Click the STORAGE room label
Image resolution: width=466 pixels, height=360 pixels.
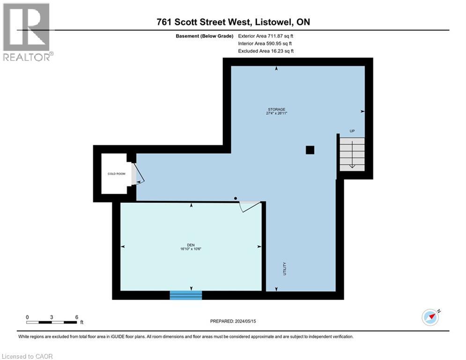pyautogui.click(x=276, y=109)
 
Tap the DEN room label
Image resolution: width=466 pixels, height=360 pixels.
pyautogui.click(x=191, y=245)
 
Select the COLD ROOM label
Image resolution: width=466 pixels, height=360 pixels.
pyautogui.click(x=117, y=174)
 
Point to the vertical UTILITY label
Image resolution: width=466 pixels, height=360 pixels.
pyautogui.click(x=285, y=269)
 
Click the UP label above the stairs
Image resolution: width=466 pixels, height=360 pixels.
pyautogui.click(x=352, y=131)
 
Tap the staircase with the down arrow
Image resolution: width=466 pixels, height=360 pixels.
pyautogui.click(x=352, y=154)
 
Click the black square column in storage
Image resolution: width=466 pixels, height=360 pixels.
pyautogui.click(x=310, y=150)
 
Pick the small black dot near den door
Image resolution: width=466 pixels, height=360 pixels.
pyautogui.click(x=236, y=198)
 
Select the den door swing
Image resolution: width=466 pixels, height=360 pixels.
pyautogui.click(x=250, y=207)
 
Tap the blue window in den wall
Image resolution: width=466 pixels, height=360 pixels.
pyautogui.click(x=186, y=295)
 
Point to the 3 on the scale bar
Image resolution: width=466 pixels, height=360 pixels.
pyautogui.click(x=52, y=317)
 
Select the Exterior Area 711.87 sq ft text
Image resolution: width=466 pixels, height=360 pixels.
pyautogui.click(x=266, y=36)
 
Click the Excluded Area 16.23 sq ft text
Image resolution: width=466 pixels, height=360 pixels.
pyautogui.click(x=266, y=51)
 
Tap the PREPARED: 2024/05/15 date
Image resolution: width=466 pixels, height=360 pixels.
pyautogui.click(x=233, y=321)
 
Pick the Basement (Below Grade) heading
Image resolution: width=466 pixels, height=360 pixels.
pyautogui.click(x=205, y=36)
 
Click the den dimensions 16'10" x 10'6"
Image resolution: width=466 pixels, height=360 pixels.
pyautogui.click(x=191, y=249)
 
